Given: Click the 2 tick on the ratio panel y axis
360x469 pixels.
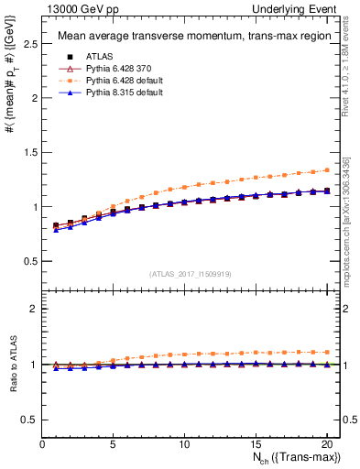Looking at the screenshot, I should point(35,309).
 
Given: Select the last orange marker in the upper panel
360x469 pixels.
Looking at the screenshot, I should point(326,169).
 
